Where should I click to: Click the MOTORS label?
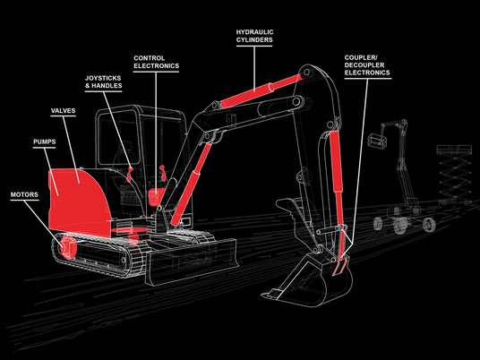coord(24,194)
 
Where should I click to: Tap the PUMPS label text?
coord(45,141)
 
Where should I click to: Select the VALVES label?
coord(63,110)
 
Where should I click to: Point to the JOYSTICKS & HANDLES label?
coord(104,82)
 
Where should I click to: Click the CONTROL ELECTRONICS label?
coord(156,62)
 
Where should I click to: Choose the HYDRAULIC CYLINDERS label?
coord(254,36)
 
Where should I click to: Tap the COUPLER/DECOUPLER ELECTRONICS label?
coord(367,65)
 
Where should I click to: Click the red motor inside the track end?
coord(67,246)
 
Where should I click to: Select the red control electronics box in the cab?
coord(156,196)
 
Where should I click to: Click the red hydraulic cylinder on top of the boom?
coord(261,90)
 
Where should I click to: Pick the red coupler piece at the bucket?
coord(340,265)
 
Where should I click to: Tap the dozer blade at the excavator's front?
coord(192,262)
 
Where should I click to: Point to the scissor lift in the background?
coord(454,175)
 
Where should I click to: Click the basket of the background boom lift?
coord(377,141)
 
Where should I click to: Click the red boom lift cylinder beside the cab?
coord(191,184)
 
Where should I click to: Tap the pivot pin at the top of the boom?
coord(306,73)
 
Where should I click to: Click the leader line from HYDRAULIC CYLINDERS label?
coord(254,69)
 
